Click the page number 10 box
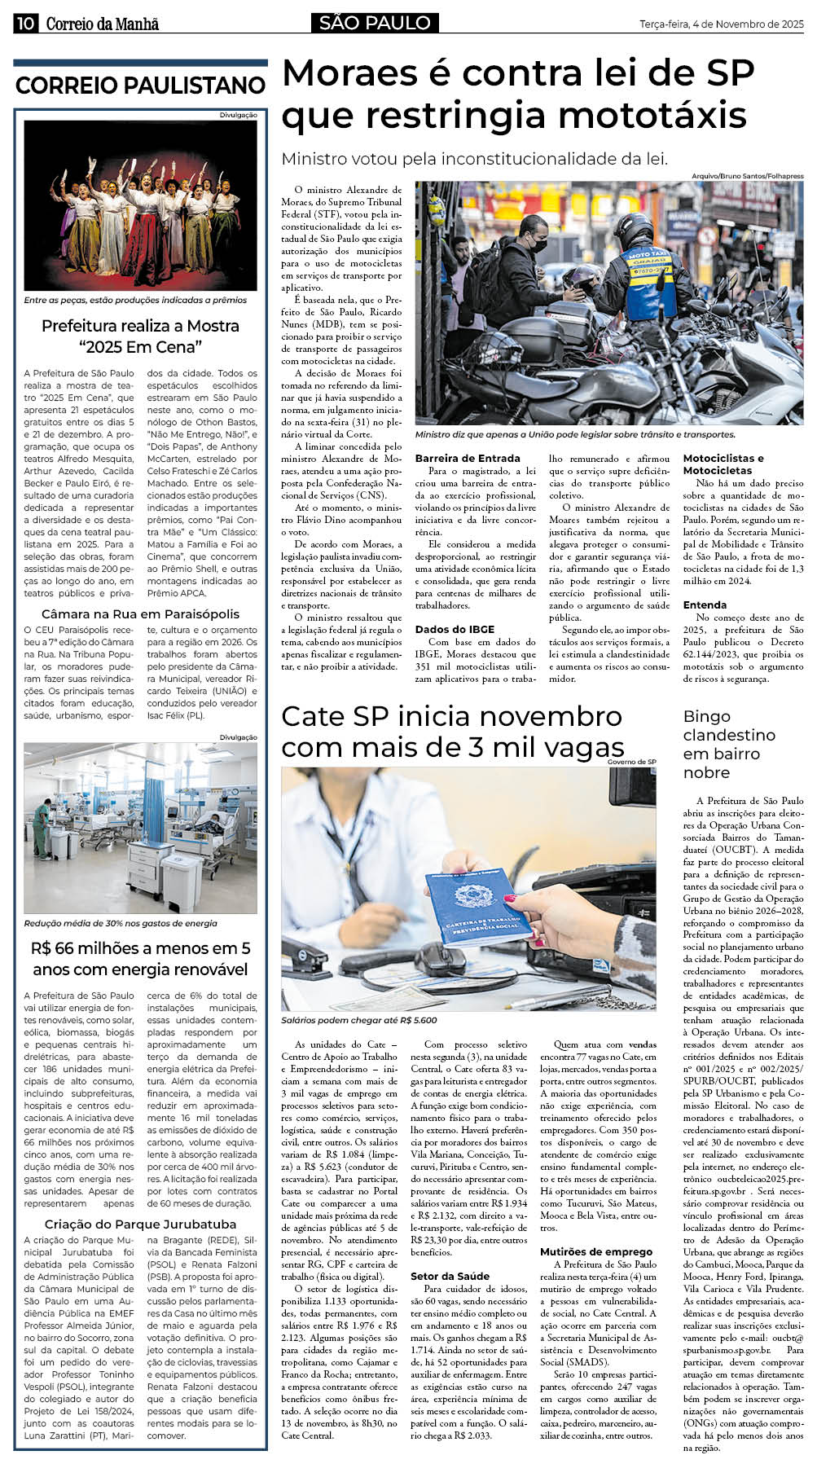(x=25, y=24)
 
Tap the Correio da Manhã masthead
(x=102, y=24)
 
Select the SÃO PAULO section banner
(x=375, y=23)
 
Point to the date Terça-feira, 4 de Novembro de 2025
(x=721, y=24)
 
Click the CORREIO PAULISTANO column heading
(x=140, y=85)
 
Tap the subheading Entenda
(x=705, y=605)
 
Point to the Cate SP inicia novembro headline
(x=452, y=731)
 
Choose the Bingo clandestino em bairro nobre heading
(x=728, y=744)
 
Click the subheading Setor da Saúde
(x=450, y=1276)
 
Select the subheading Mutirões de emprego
(x=595, y=1251)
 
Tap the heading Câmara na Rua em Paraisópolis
(x=140, y=613)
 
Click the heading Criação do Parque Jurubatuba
(x=140, y=1224)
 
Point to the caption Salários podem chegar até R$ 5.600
(x=359, y=1019)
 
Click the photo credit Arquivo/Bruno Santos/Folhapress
(x=747, y=176)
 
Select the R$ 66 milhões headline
(x=140, y=959)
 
